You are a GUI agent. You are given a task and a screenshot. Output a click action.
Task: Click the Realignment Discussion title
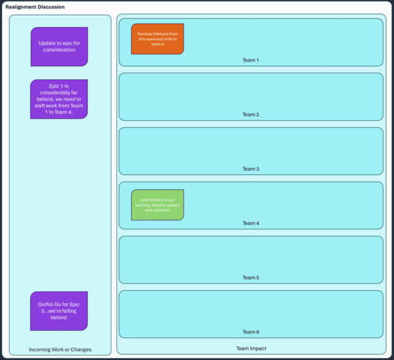pos(35,7)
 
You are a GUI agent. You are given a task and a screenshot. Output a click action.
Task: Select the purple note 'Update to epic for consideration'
pos(59,47)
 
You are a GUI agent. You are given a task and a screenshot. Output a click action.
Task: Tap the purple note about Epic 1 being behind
pos(59,99)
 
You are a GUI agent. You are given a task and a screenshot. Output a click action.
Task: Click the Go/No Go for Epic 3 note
pos(59,311)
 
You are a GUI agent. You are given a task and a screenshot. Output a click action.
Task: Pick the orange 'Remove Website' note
pos(157,39)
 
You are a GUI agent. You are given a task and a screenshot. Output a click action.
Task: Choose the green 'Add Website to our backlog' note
pos(157,205)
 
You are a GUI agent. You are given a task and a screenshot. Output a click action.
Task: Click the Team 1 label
pos(251,60)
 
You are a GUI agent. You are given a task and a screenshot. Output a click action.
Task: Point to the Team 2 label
pos(251,114)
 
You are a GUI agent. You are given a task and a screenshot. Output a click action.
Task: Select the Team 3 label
pos(251,169)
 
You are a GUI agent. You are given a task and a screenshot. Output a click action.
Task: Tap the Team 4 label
pos(251,223)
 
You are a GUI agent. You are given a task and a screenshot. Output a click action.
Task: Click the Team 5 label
pos(251,277)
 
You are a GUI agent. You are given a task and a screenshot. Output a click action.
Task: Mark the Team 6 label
pos(251,332)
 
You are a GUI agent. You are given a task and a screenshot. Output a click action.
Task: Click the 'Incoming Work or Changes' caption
pos(60,349)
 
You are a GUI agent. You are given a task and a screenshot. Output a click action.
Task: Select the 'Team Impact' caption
pos(251,348)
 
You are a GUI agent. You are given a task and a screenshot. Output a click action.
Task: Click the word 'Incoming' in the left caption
pos(40,349)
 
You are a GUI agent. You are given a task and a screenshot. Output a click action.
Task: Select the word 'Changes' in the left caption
pos(81,349)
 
